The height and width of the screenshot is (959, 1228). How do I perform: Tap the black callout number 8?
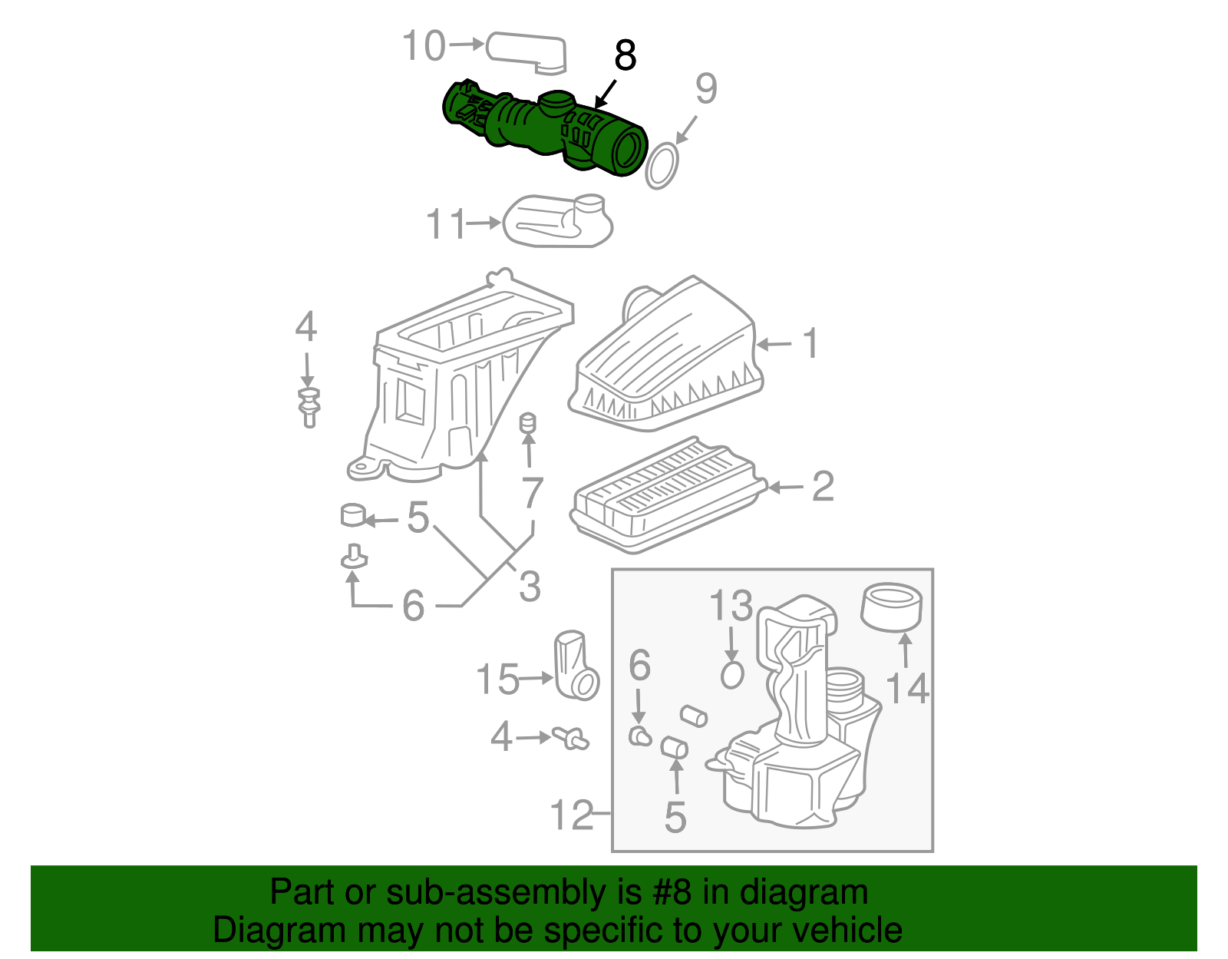pyautogui.click(x=626, y=56)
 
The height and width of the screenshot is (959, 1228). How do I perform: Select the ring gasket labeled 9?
pyautogui.click(x=662, y=166)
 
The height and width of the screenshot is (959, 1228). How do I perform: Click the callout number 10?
pyautogui.click(x=424, y=45)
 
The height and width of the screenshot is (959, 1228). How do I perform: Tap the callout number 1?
pyautogui.click(x=810, y=343)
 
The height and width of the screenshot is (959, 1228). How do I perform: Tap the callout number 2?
pyautogui.click(x=822, y=487)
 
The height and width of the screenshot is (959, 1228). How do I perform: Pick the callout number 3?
pyautogui.click(x=530, y=587)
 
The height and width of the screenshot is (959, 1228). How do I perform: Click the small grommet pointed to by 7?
pyautogui.click(x=528, y=424)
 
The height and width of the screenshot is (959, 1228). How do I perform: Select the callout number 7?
pyautogui.click(x=532, y=493)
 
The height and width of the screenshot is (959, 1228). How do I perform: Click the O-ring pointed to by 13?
pyautogui.click(x=732, y=675)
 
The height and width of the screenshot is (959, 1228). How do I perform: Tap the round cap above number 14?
pyautogui.click(x=892, y=607)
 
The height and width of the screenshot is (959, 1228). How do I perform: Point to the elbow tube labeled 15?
pyautogui.click(x=576, y=666)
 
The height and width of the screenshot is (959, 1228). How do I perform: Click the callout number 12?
pyautogui.click(x=573, y=815)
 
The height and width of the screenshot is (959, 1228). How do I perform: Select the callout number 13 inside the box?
pyautogui.click(x=731, y=607)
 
